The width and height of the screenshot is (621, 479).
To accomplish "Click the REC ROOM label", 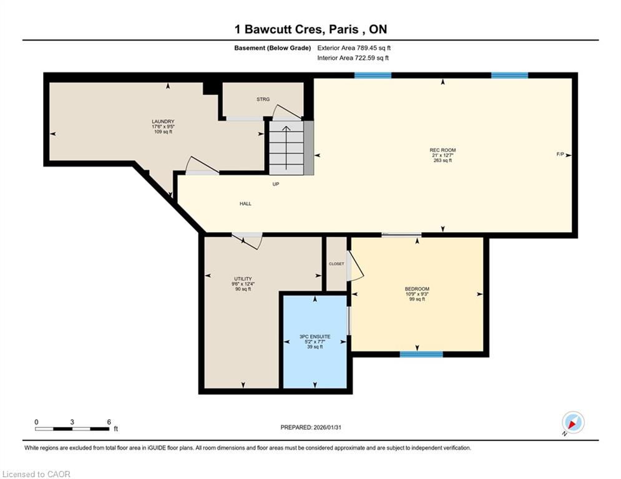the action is coord(443,150).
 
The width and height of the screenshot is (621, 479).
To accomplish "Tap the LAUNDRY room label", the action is coord(163,122).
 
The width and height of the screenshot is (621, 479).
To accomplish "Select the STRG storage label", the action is coord(263,99).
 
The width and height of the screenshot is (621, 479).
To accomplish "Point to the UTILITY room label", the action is coord(243,279).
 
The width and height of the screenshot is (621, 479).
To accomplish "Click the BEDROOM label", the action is coord(417,289).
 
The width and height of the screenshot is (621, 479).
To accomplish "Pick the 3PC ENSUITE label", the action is coord(315,337).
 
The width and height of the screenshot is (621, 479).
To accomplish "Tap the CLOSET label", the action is coord(336,264).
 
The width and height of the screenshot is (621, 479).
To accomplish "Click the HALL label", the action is coord(245,203).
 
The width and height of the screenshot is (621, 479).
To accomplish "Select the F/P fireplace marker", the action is coord(560,154).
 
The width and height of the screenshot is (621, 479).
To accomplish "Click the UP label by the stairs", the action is coord(276,184).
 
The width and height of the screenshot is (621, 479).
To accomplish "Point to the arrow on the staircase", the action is coord(286,147).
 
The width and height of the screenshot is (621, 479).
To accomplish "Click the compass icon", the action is coord(573,423).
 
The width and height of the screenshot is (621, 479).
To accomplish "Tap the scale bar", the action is coord(72,428).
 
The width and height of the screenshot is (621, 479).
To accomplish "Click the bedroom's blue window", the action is coord(421,354).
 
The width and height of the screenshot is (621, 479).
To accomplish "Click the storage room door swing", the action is coord(287,113).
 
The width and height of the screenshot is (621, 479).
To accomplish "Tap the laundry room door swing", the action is coord(202,165).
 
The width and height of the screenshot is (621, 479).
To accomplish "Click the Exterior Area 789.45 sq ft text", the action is coord(354,48).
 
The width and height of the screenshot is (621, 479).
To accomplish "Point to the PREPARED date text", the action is coord(311,427).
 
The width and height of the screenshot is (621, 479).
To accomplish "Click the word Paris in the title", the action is coord(344,29).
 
